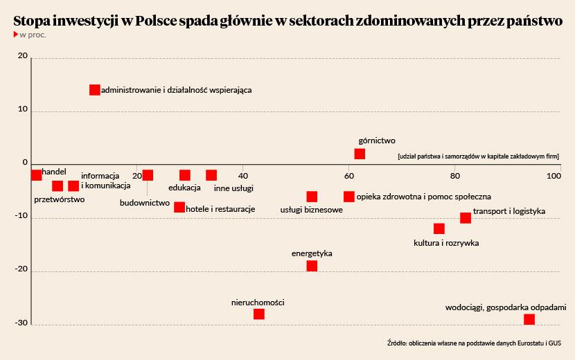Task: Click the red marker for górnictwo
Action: (360, 154)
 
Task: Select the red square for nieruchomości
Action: (259, 314)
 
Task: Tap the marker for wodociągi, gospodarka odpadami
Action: (529, 319)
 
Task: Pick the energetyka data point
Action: (312, 266)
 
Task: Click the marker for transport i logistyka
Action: (466, 217)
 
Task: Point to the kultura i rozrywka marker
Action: (439, 228)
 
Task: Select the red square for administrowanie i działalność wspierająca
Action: (95, 89)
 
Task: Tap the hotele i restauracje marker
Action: (179, 207)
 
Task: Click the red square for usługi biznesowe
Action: (312, 197)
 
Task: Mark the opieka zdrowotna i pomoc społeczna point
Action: (349, 197)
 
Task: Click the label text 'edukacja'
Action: (184, 188)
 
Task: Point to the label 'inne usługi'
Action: (233, 188)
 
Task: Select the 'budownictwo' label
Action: (145, 203)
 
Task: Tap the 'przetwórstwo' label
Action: (59, 200)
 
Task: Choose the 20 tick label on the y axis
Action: (22, 57)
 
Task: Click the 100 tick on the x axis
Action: (554, 176)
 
